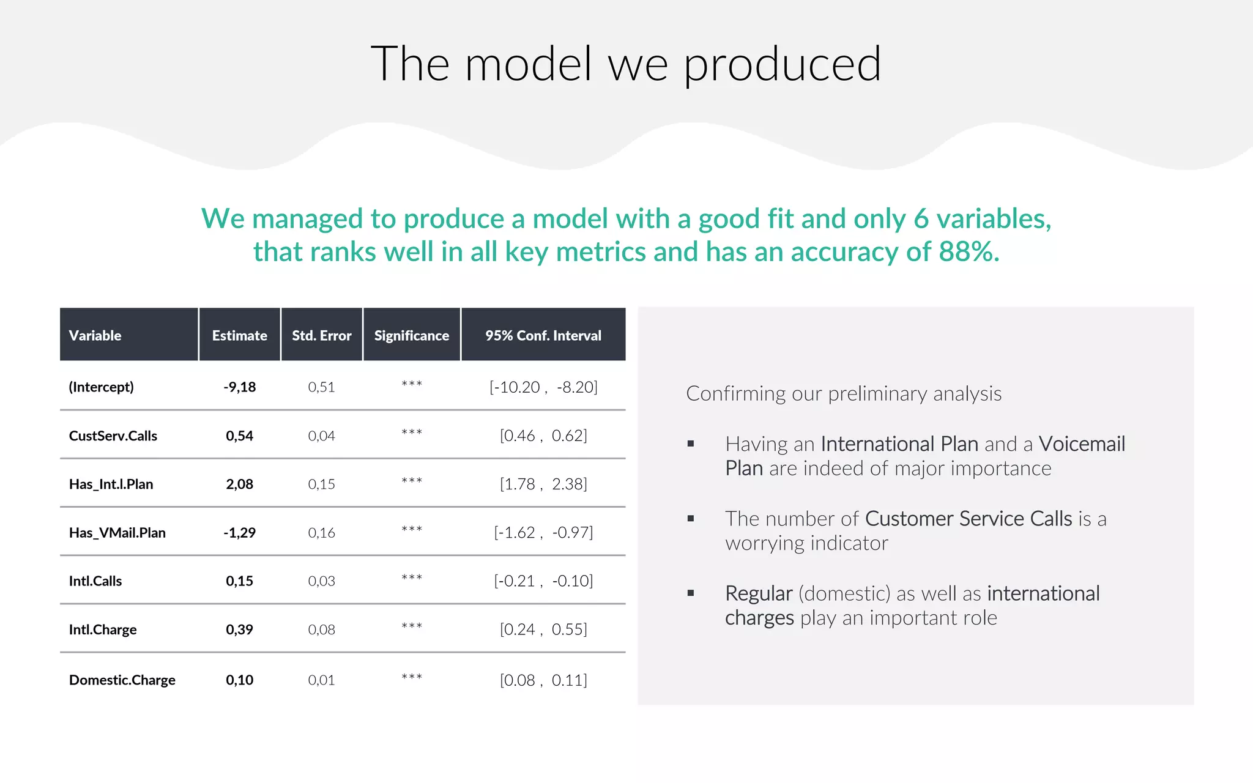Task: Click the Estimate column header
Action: (239, 335)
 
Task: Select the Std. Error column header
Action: (321, 335)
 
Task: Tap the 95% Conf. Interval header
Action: (543, 335)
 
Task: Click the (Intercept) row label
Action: (101, 387)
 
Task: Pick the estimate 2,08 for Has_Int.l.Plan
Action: (239, 484)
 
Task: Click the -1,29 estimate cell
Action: (239, 532)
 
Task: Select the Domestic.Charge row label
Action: (122, 680)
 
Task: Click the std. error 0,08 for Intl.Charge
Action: (321, 629)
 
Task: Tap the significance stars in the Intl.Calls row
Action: (412, 578)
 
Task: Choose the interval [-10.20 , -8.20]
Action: (543, 387)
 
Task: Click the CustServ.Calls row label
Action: (113, 436)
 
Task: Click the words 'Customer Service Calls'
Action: (968, 518)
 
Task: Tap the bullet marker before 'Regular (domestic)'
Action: (691, 593)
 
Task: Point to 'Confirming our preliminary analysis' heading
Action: (843, 393)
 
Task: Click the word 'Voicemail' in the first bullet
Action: (1081, 443)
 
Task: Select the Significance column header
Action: (411, 335)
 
